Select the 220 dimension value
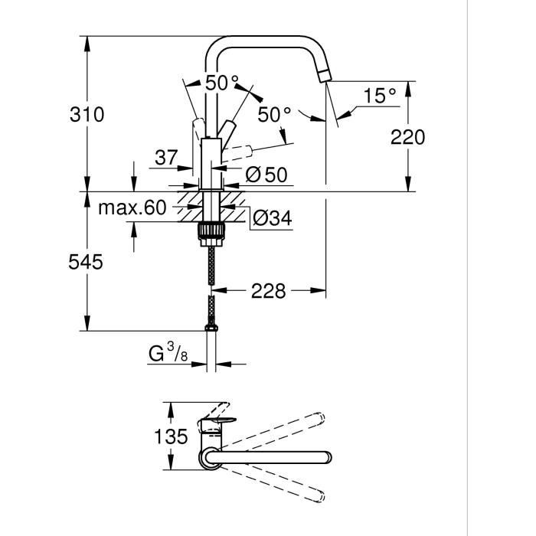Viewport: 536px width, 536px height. [407, 137]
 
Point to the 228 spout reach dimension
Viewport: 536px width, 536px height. [268, 291]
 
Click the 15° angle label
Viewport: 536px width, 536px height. [380, 96]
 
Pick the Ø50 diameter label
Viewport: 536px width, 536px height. [266, 175]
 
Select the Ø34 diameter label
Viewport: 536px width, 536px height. [272, 218]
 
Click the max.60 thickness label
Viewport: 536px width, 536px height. [132, 207]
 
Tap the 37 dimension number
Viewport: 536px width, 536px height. [166, 158]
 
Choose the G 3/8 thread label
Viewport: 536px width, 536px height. [168, 355]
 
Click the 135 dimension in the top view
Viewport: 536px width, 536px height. [170, 436]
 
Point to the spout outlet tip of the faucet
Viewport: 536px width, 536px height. [325, 75]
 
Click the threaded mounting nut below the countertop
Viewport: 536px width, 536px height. [211, 231]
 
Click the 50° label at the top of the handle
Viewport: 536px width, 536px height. [222, 82]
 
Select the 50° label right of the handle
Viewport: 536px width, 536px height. [273, 116]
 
